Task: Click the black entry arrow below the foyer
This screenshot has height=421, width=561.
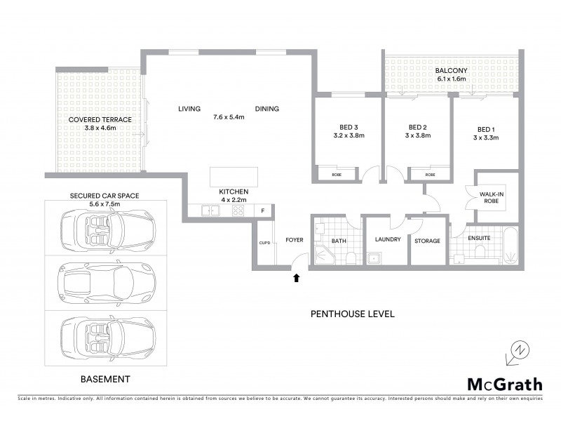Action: [x=296, y=277]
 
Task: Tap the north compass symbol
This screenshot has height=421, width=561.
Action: [x=516, y=350]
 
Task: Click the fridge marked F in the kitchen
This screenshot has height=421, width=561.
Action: [x=263, y=210]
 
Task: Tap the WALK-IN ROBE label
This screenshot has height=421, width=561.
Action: [x=489, y=197]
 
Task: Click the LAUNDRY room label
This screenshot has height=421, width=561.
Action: [x=388, y=240]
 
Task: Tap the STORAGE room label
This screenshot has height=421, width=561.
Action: [x=427, y=241]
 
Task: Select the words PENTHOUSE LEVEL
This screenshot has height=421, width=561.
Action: [x=352, y=314]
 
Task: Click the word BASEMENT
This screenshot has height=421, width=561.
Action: [x=106, y=379]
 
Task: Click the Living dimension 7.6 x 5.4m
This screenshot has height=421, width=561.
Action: [x=229, y=117]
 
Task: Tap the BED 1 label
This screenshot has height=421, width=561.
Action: [x=485, y=129]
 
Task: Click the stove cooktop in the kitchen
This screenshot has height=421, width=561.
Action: [x=238, y=210]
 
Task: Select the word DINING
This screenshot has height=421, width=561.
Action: [x=267, y=109]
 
